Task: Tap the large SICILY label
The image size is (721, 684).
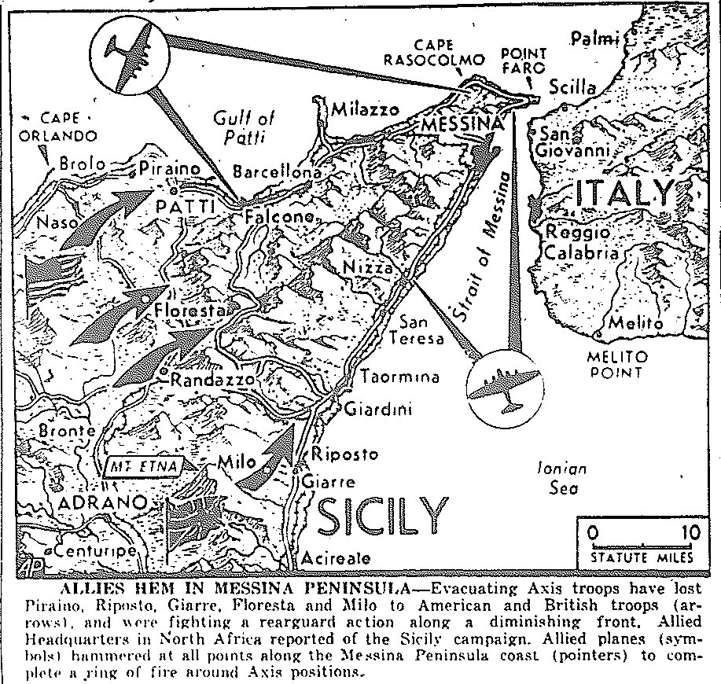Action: (382, 515)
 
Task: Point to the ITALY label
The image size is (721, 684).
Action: (625, 193)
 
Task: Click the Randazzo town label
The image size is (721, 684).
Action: (212, 380)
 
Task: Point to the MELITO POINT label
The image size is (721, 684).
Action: (613, 366)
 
